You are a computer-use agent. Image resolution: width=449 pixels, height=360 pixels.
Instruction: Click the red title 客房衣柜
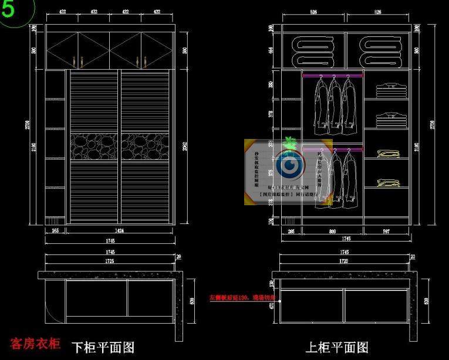point(35,344)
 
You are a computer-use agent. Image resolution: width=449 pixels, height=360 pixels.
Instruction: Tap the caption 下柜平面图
point(103,347)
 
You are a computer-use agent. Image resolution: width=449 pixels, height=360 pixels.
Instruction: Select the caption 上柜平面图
point(336,347)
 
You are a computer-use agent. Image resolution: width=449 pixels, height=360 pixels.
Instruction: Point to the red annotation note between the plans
point(242,297)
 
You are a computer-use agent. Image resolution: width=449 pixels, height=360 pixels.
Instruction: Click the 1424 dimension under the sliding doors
point(120,231)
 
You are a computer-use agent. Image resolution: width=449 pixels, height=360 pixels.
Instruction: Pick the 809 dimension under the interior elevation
point(333,231)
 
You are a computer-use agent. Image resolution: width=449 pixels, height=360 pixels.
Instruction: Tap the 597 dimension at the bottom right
point(386,231)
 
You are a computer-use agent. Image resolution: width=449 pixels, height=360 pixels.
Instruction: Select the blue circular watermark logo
point(288,167)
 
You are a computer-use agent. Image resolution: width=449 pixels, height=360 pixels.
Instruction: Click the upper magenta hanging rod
point(333,76)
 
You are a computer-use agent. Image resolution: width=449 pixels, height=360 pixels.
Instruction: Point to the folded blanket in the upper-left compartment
point(313,51)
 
